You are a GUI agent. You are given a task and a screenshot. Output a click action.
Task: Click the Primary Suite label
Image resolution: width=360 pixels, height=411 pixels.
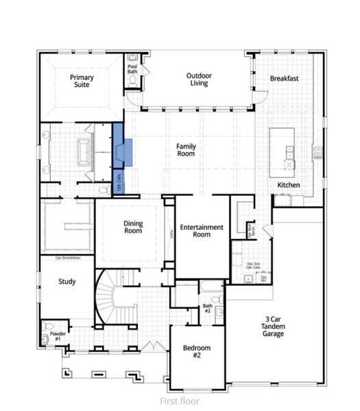(82, 82)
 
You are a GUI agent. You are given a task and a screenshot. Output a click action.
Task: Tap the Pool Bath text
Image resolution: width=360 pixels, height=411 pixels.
(132, 69)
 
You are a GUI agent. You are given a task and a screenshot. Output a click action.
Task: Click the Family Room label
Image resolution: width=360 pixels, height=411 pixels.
(185, 150)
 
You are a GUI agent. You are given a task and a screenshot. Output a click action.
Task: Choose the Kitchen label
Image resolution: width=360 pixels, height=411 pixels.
(289, 185)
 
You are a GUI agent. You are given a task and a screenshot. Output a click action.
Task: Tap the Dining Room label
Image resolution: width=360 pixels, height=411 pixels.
(133, 227)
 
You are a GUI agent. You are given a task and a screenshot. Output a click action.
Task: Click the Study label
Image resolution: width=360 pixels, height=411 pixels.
(67, 281)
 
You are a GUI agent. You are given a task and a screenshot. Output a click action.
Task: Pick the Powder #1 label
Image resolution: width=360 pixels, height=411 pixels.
(58, 336)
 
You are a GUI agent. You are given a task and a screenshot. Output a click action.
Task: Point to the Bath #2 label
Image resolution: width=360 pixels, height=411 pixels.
(207, 308)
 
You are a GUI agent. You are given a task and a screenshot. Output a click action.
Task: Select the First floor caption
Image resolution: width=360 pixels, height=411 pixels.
(179, 401)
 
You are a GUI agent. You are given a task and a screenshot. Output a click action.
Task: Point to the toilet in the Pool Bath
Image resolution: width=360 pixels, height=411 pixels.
(132, 80)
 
